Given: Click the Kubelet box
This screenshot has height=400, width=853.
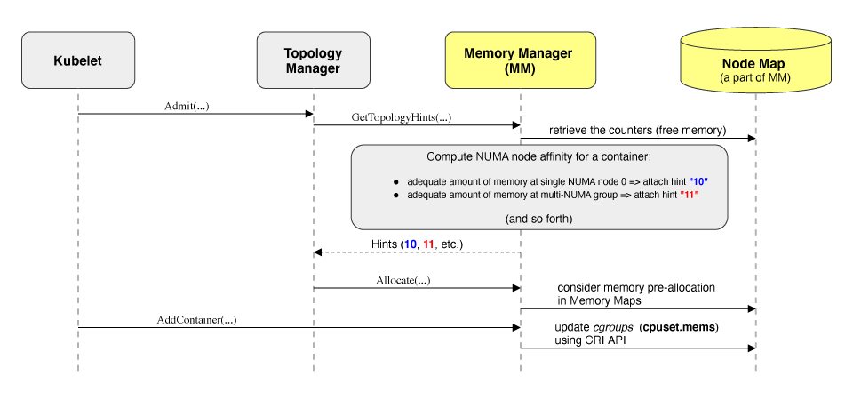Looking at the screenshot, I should pyautogui.click(x=78, y=60).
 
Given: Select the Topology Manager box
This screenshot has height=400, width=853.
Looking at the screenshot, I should pyautogui.click(x=313, y=60).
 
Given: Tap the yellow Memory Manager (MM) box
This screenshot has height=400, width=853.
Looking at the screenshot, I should pyautogui.click(x=518, y=60).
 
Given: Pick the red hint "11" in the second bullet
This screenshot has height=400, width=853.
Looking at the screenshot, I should pyautogui.click(x=688, y=195).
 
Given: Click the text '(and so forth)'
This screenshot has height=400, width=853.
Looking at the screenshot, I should pyautogui.click(x=539, y=218).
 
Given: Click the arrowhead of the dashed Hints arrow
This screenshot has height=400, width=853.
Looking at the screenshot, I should pyautogui.click(x=317, y=252).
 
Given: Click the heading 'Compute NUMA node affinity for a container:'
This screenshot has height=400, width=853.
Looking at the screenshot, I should pyautogui.click(x=539, y=157).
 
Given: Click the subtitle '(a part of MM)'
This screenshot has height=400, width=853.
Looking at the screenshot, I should pyautogui.click(x=754, y=77).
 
